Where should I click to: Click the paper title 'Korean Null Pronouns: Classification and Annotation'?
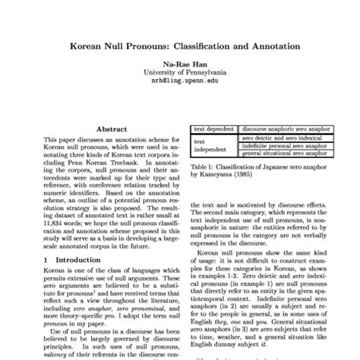coord(180,46)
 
